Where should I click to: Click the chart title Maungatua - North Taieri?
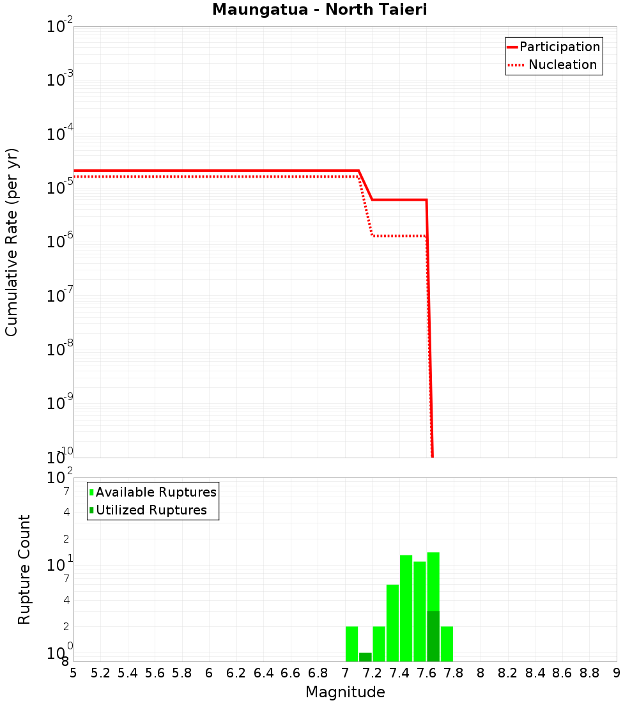(x=319, y=10)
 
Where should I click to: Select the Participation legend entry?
(x=560, y=47)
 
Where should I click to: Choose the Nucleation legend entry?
(x=562, y=65)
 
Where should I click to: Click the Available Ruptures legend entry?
(x=156, y=492)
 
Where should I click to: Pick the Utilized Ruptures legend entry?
(x=151, y=510)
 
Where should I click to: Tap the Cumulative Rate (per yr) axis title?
(x=12, y=242)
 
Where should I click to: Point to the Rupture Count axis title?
(x=24, y=569)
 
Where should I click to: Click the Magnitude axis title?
(x=345, y=692)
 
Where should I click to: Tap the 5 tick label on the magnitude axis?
(x=73, y=673)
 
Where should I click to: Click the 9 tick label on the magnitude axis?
(x=617, y=673)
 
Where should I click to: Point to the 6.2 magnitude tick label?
(x=236, y=673)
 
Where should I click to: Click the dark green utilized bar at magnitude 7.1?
(x=366, y=657)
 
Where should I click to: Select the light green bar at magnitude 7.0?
(x=351, y=644)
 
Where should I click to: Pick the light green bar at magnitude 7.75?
(x=447, y=644)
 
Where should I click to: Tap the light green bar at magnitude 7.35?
(x=392, y=623)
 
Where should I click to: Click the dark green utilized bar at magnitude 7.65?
(x=433, y=636)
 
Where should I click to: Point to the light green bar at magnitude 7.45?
(x=406, y=608)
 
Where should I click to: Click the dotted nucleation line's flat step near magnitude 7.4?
(x=399, y=236)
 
